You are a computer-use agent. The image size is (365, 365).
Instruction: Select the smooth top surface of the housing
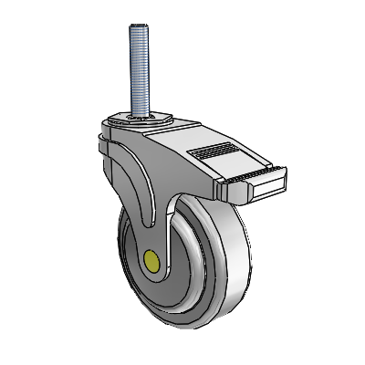164,137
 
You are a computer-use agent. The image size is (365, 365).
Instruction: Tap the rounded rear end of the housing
101,146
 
